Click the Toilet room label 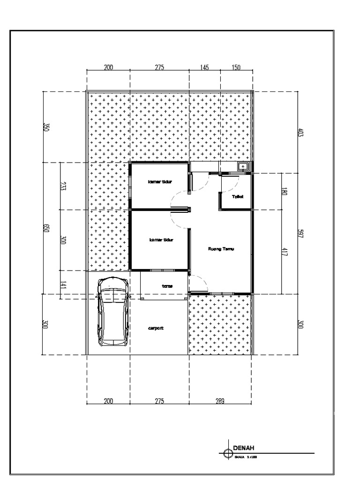(x=238, y=197)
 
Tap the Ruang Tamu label (x=221, y=249)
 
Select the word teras (x=167, y=285)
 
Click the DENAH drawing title (x=243, y=448)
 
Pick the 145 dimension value (x=204, y=68)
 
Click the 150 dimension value (x=235, y=68)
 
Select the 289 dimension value (x=220, y=401)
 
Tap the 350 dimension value (x=46, y=127)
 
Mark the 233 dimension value (x=63, y=186)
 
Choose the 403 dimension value (x=300, y=133)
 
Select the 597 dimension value (x=300, y=234)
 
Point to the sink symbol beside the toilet (x=243, y=166)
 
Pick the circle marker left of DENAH (x=228, y=453)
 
